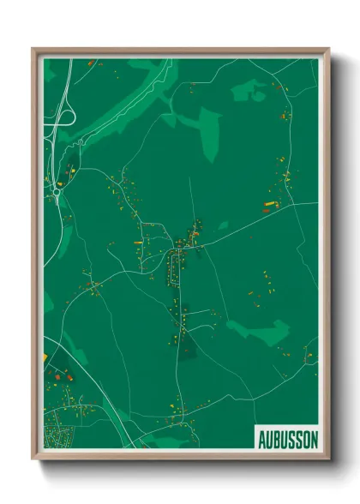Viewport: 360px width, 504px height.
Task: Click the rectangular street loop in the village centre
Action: coord(177,265)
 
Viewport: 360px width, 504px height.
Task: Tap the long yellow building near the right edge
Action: coord(267,202)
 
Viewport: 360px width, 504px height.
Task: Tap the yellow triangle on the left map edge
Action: coord(45,357)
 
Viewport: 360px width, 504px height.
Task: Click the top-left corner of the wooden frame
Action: coord(33,50)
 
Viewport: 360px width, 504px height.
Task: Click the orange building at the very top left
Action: coord(93,63)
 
